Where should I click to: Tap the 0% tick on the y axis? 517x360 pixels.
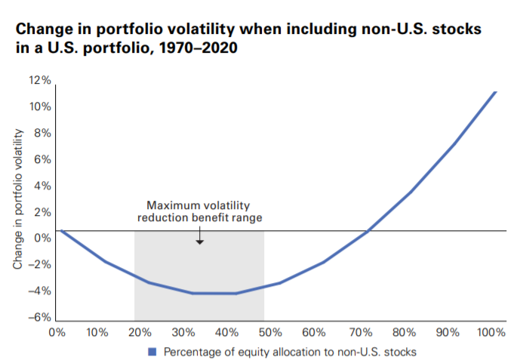[44, 238]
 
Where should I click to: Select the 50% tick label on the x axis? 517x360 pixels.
[272, 332]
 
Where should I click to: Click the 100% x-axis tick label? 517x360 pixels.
[491, 332]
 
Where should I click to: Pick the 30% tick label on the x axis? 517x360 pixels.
[184, 332]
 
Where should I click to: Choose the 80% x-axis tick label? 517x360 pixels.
[403, 332]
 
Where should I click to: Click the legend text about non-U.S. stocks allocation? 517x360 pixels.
[289, 351]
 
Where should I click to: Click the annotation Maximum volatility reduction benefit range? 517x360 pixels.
[198, 211]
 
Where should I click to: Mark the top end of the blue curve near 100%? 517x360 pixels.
[494, 92]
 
